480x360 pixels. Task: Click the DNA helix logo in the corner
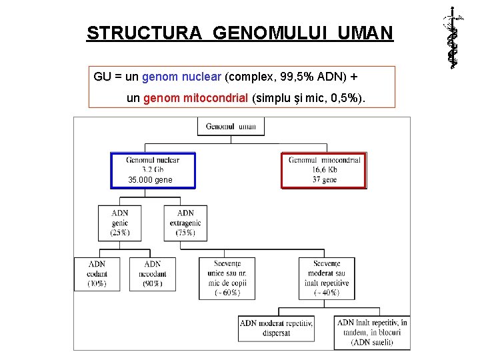[453, 37]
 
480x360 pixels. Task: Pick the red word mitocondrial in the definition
[217, 98]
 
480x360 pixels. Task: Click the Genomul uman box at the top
[231, 127]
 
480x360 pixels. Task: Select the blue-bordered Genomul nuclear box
[153, 171]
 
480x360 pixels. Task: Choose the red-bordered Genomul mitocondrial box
[324, 171]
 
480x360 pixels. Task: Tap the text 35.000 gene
[150, 180]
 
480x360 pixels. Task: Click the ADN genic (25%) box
[120, 223]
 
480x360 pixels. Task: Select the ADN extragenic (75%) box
[185, 223]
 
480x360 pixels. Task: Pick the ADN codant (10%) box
[97, 273]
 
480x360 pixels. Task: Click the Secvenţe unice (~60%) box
[227, 278]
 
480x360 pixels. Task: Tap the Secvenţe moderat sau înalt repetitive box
[326, 278]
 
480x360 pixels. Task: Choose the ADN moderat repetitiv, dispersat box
[276, 328]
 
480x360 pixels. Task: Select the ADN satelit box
[372, 332]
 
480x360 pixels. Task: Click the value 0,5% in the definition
[346, 98]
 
